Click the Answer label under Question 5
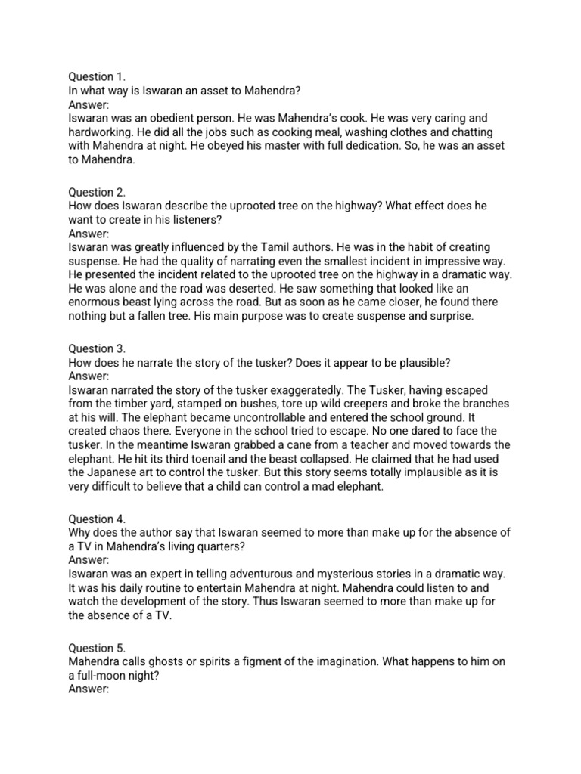pyautogui.click(x=89, y=689)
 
